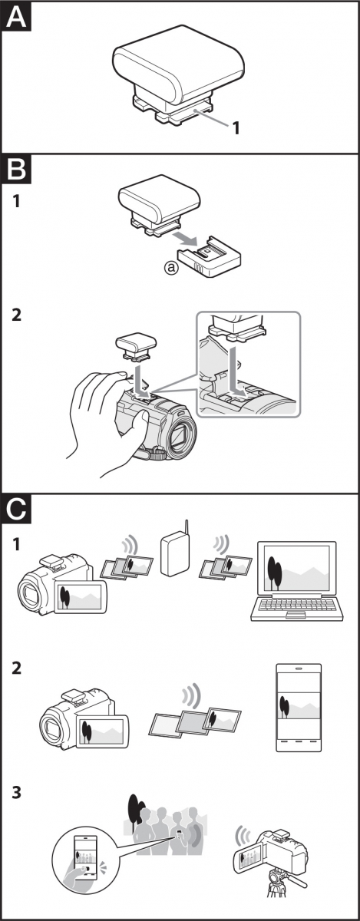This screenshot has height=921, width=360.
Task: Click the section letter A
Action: tap(16, 17)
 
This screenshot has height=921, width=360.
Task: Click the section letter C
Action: tap(16, 509)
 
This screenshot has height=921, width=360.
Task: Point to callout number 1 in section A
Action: tap(236, 128)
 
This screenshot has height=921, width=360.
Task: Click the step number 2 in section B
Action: tap(16, 315)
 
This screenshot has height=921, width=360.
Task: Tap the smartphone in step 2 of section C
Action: tap(299, 707)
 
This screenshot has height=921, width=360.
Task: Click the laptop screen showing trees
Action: tap(297, 567)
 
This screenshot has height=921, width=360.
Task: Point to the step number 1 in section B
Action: tap(16, 202)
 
